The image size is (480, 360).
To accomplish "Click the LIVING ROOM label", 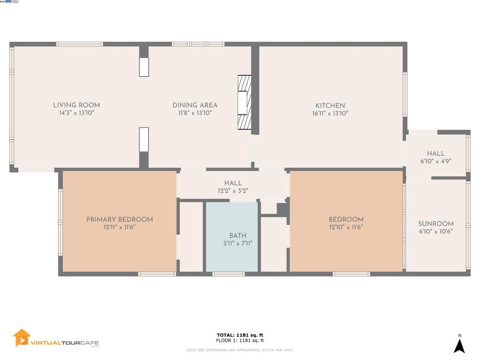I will coord(76,105).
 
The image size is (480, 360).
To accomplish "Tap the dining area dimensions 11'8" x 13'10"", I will coord(195,113).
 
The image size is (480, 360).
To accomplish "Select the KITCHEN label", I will coord(330,105).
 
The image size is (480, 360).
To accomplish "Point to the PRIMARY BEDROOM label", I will coord(120,219).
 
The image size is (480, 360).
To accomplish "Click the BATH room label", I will coord(238,235).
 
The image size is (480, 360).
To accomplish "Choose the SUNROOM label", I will coord(435,224).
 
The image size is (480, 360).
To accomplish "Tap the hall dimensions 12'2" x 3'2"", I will coord(232,191).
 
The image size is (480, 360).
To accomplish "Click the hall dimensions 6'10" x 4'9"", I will coord(435,161).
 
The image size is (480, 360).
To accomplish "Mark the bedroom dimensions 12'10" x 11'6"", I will coord(346,227).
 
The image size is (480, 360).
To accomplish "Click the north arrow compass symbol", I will coord(459,345).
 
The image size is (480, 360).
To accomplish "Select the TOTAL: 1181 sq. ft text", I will coord(240,335).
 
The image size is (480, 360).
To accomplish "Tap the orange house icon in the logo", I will coord(22,337).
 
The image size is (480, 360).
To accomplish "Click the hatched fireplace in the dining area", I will coord(244,102).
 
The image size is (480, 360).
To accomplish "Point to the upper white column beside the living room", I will coord(144,67).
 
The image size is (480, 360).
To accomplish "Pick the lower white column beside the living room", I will coord(144,139).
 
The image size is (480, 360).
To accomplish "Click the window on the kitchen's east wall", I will coord(405,94).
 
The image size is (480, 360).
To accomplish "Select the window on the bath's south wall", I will coord(228,274).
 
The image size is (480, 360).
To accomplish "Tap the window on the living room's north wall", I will coord(79,44).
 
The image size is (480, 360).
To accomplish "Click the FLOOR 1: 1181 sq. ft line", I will coord(240,341).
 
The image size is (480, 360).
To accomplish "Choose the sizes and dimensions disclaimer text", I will coord(240,350).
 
